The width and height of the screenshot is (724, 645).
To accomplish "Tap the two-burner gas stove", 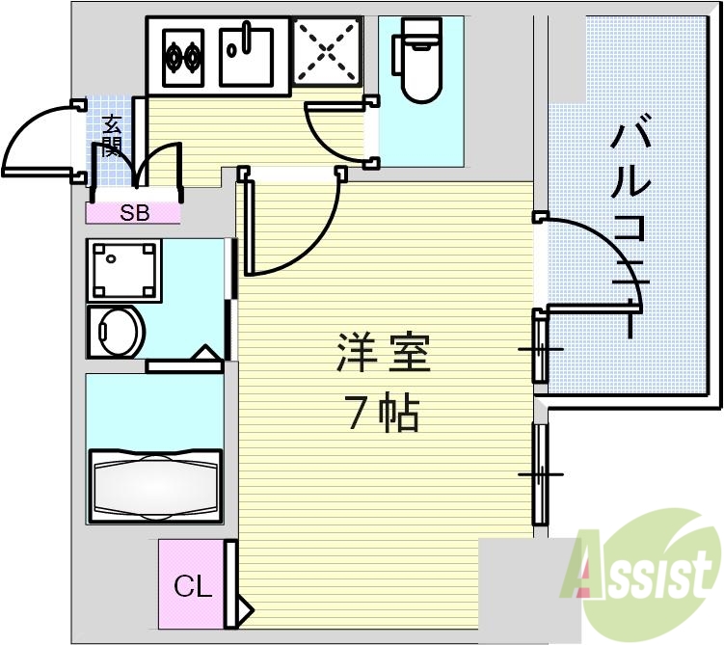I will click(x=183, y=57).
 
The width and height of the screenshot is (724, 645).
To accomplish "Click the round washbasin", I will click(x=118, y=333).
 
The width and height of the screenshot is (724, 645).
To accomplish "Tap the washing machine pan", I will click(x=123, y=271).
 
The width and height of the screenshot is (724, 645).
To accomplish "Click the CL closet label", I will click(x=192, y=585).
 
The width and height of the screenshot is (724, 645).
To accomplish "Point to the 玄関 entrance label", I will click(x=112, y=135).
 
